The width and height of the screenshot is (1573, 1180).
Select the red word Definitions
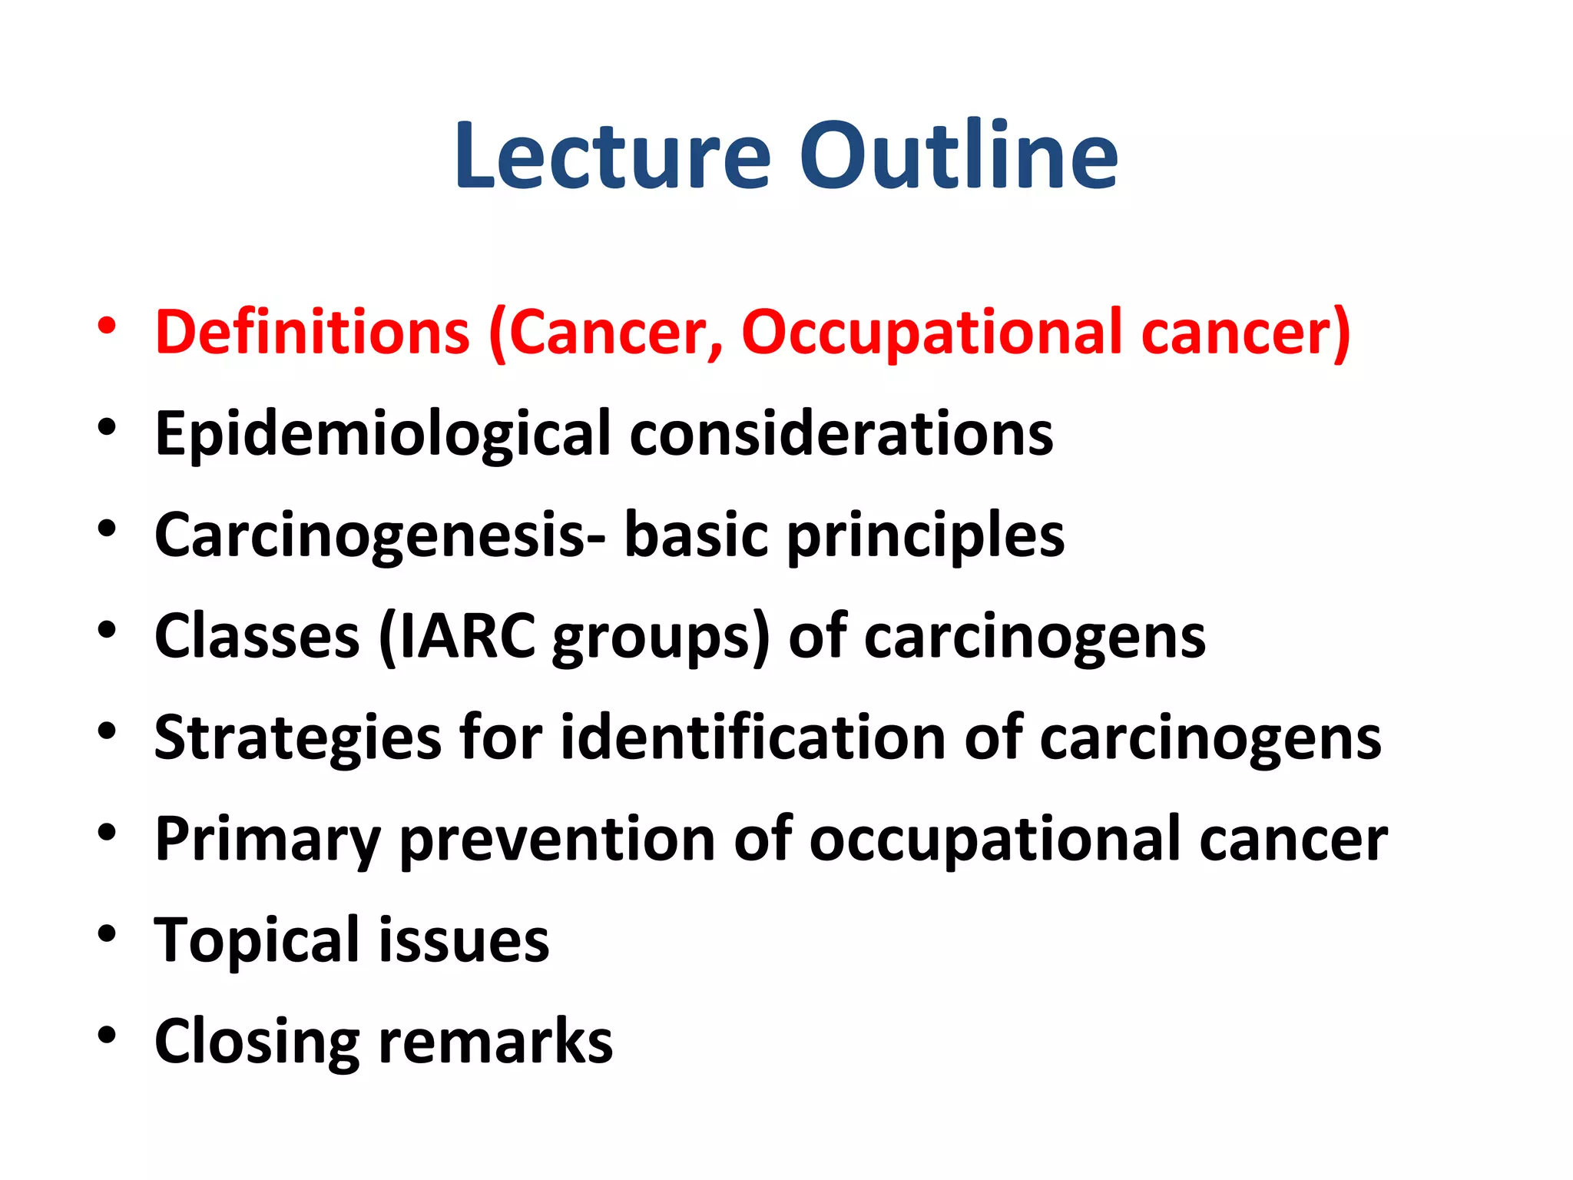pos(312,332)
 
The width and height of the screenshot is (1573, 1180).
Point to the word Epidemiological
pos(382,435)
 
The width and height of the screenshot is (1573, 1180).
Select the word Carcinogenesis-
pos(379,536)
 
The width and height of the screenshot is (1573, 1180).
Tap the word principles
pos(925,536)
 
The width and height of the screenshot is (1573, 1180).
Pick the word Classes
pos(257,636)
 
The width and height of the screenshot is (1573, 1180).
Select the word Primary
pos(267,840)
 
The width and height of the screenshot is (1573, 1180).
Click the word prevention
pos(558,840)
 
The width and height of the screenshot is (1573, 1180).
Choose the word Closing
pos(257,1042)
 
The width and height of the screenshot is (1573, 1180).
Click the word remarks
pos(495,1041)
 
